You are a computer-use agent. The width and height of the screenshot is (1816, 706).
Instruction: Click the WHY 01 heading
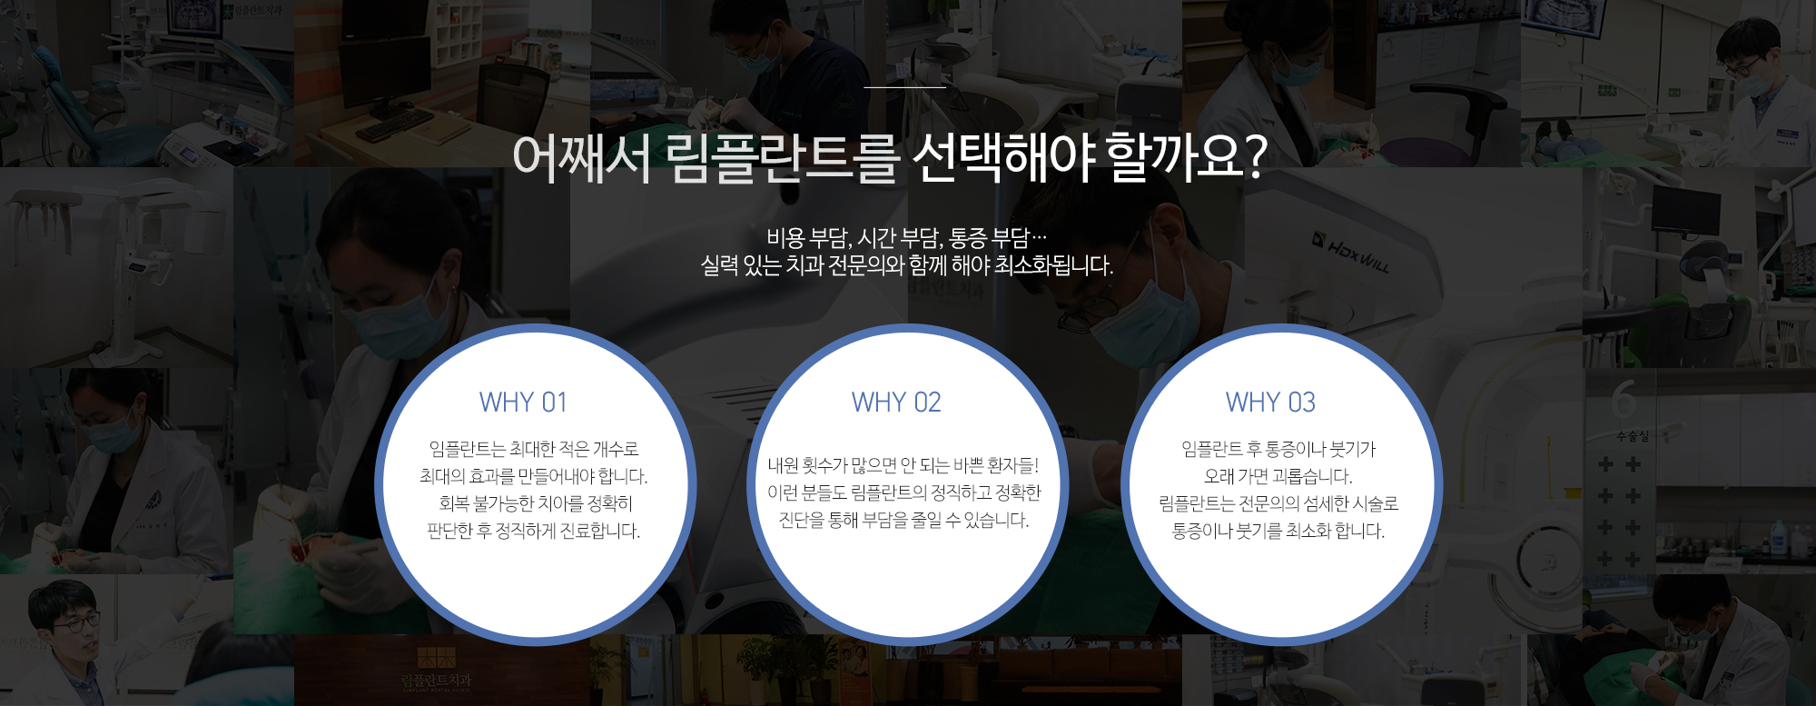[x=523, y=402]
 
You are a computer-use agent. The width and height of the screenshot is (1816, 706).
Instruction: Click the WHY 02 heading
[x=896, y=402]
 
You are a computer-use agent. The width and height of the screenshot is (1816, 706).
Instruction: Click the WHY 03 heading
[x=1270, y=402]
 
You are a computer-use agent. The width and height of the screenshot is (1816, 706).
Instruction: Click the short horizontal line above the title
[x=904, y=87]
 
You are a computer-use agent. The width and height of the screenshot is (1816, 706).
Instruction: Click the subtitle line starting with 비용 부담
[x=906, y=238]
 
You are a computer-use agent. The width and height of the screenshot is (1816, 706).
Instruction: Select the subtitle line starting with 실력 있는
[x=906, y=265]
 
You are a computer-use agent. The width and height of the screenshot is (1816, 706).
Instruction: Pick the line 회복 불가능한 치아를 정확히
[x=535, y=503]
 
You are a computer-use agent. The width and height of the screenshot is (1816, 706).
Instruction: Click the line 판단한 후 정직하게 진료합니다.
[x=534, y=531]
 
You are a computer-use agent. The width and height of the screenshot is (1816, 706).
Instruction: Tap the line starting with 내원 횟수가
[x=903, y=465]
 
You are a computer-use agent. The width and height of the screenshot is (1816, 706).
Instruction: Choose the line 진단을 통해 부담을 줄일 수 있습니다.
[x=903, y=520]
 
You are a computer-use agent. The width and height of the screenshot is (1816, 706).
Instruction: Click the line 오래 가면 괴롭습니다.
[x=1278, y=476]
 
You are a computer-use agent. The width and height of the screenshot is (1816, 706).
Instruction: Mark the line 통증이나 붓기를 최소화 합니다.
[x=1278, y=531]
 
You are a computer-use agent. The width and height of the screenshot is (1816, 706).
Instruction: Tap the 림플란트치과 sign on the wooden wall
[x=437, y=680]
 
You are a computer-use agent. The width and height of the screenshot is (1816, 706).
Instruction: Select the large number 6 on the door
[x=1624, y=398]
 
